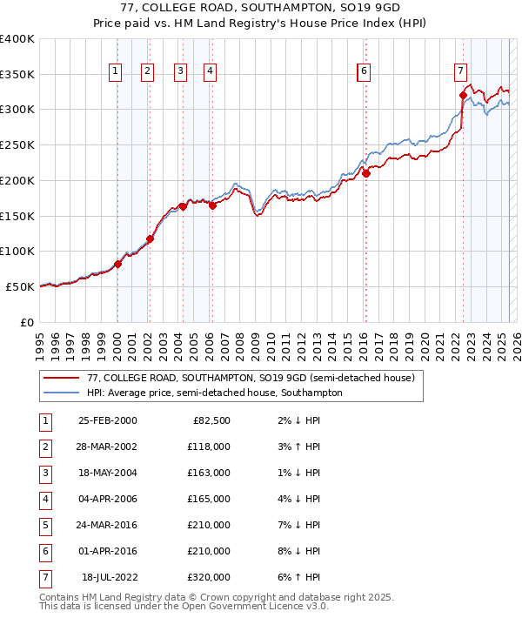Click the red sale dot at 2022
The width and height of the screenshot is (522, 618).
click(x=463, y=95)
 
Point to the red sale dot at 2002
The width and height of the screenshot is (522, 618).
click(x=150, y=238)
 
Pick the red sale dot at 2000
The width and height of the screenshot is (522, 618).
click(x=117, y=264)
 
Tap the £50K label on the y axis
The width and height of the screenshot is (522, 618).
click(x=20, y=286)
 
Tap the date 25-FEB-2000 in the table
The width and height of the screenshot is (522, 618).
click(x=107, y=420)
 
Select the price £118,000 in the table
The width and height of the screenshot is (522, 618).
click(x=209, y=447)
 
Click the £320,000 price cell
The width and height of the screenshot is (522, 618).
click(x=209, y=577)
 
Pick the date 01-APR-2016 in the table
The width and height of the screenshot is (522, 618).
click(x=107, y=551)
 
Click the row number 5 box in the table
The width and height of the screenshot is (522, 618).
click(x=43, y=525)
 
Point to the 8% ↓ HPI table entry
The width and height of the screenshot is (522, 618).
click(x=296, y=551)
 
